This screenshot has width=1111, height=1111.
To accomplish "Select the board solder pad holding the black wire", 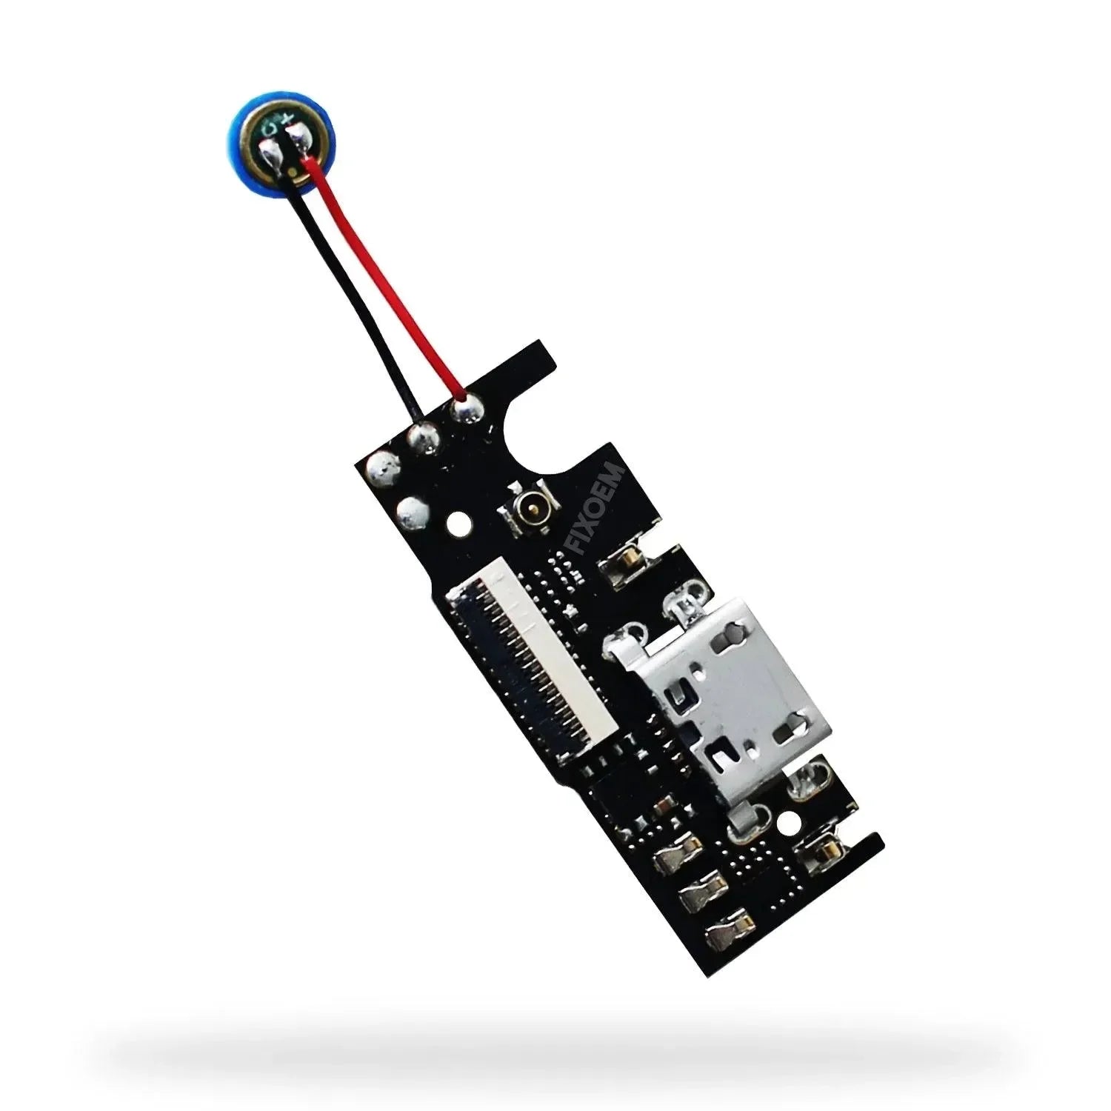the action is [424, 436].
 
